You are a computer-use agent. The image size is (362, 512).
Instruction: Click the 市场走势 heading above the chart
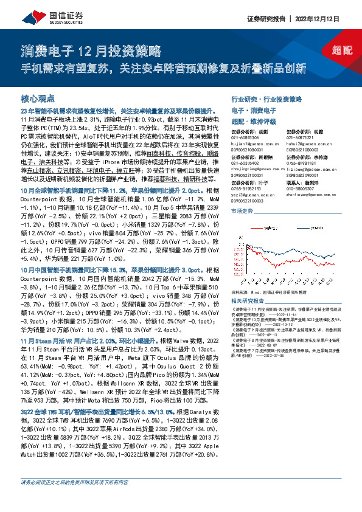[243, 211]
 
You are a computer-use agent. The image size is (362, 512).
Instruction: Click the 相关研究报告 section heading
[248, 300]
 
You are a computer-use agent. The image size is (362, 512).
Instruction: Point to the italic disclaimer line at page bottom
[75, 499]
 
